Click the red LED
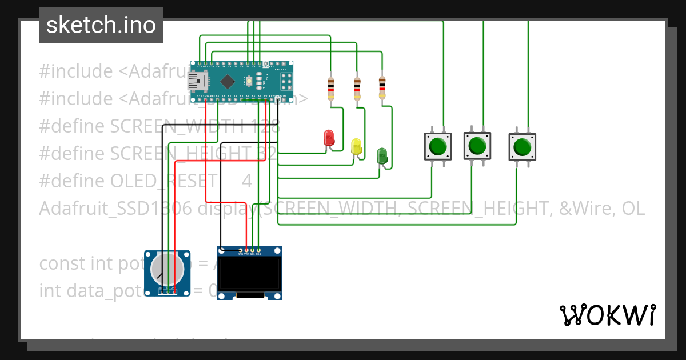329,138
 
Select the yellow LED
356,146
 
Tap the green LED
382,155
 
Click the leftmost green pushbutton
437,146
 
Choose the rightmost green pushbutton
522,147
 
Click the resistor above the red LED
330,89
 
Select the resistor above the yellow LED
357,89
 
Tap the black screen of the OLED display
249,273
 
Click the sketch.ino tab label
101,25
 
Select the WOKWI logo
607,315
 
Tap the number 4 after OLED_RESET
246,181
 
